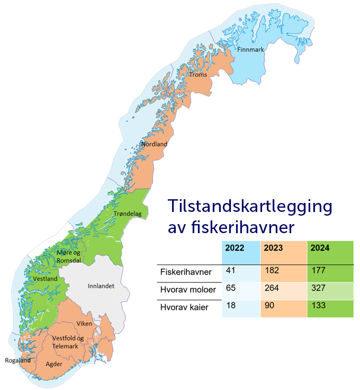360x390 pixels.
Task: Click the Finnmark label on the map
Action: click(x=250, y=49)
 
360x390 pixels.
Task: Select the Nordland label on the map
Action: click(x=154, y=144)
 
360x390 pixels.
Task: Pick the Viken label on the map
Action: click(x=84, y=323)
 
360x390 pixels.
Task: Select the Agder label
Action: click(x=54, y=365)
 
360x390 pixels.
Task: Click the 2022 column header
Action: click(x=235, y=247)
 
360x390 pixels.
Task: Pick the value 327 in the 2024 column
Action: click(x=318, y=289)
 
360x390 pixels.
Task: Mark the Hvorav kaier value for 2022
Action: click(x=230, y=306)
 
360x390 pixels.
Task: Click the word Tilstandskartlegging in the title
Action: click(x=250, y=206)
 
